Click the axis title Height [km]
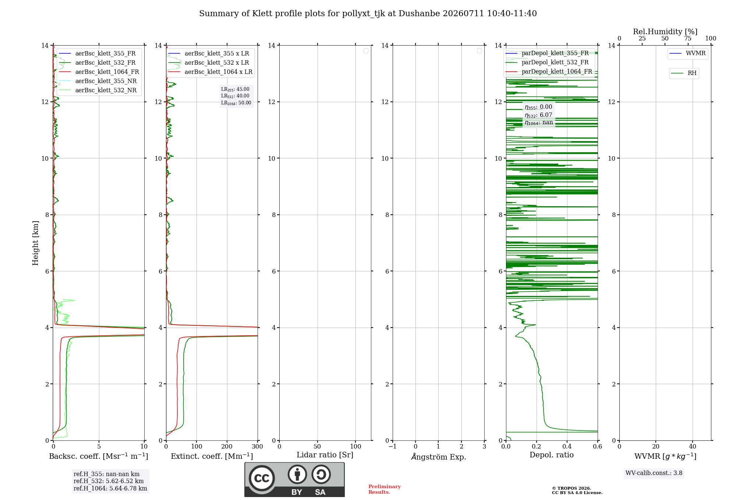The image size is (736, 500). (35, 243)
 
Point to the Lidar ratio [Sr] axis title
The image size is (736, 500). (325, 455)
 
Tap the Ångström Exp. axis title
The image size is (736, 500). (439, 457)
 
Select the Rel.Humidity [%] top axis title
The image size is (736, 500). (665, 32)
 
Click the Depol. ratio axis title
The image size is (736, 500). (552, 455)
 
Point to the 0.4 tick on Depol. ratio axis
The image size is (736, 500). (567, 447)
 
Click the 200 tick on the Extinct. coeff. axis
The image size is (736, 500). (227, 447)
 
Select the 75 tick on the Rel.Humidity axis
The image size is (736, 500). (688, 39)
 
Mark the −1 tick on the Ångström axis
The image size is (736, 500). (393, 447)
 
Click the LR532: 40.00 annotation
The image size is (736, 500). (235, 96)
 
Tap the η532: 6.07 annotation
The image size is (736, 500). (538, 115)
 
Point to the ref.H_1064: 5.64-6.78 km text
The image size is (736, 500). (110, 489)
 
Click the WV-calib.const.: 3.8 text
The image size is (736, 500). (654, 473)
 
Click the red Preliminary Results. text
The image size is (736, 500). (385, 489)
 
